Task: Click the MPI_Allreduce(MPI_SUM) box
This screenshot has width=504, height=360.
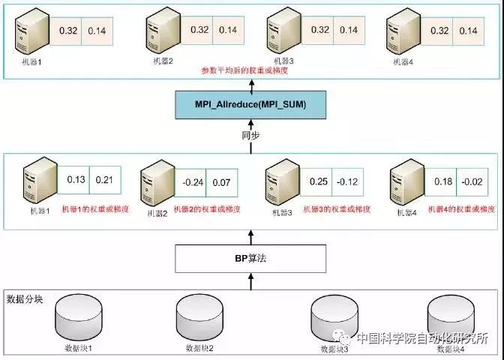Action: point(250,103)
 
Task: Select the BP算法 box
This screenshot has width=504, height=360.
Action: point(250,257)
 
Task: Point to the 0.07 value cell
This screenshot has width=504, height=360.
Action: point(222,182)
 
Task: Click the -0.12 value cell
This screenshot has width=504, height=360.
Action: point(346,181)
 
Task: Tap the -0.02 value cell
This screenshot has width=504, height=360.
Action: point(472,181)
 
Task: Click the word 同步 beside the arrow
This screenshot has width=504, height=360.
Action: point(250,137)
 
